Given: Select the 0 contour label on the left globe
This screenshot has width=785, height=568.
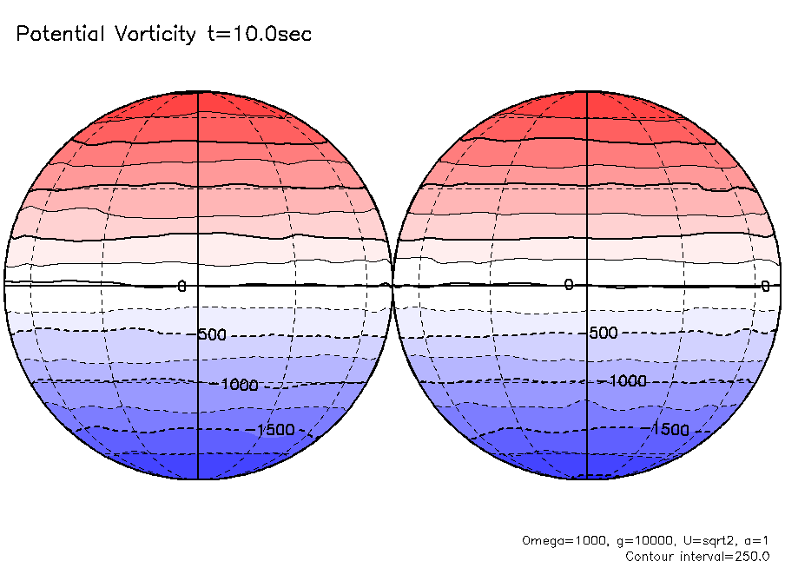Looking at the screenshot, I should [181, 286].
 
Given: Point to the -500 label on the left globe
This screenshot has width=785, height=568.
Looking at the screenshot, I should [211, 334].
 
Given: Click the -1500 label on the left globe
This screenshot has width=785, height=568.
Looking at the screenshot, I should [275, 430].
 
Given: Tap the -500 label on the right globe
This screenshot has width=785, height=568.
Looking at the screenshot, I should [602, 334].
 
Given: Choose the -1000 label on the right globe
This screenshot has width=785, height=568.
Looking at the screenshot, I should [628, 381].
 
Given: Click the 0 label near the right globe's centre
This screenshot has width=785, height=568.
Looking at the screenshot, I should [569, 285].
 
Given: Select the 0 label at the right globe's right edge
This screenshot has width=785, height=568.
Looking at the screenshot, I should [765, 286].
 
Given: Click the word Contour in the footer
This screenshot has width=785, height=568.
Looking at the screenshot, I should [650, 556].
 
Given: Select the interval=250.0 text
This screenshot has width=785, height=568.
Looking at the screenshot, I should [725, 556].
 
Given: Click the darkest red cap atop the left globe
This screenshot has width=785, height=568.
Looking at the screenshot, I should [198, 102].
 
